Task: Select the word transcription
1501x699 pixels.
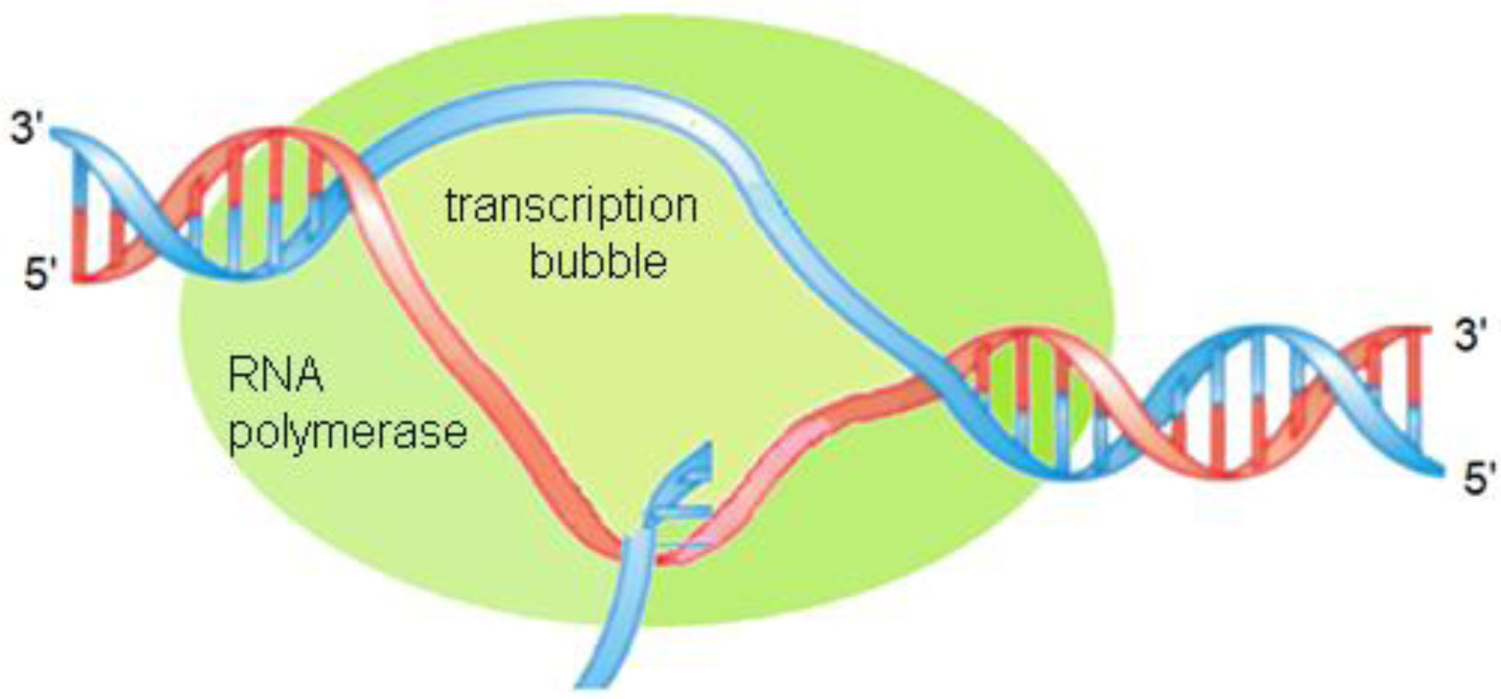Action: (x=571, y=206)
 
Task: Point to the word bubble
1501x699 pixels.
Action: (x=597, y=260)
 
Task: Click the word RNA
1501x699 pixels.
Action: (x=276, y=376)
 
